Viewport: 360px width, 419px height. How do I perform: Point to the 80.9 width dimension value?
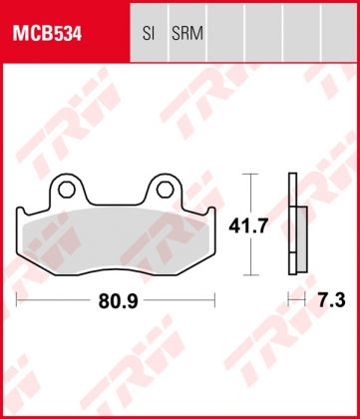118,298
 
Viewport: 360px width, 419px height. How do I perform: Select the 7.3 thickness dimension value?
326,298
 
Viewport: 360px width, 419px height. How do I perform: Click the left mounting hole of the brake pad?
68,187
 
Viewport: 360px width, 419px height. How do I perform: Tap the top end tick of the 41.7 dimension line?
250,175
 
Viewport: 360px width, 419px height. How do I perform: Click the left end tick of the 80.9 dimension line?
18,298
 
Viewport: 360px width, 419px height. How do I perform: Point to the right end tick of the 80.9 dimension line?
215,298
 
